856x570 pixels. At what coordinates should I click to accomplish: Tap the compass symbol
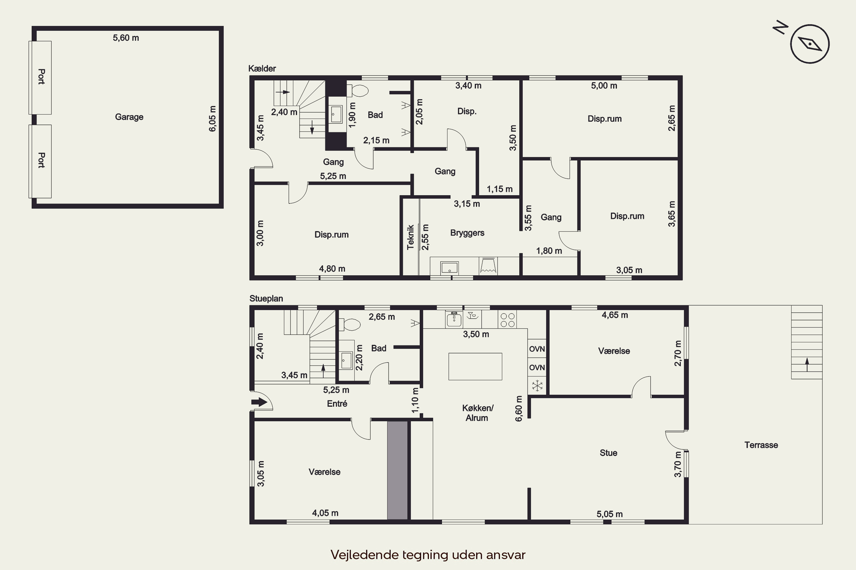[x=809, y=44]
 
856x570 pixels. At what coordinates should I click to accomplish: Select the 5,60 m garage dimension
[x=126, y=38]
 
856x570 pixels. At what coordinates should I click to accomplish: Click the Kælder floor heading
[x=262, y=68]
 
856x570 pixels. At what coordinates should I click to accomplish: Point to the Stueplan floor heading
[x=266, y=298]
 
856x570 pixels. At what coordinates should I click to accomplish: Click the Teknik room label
[x=411, y=237]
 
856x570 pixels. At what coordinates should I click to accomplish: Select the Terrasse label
[x=761, y=445]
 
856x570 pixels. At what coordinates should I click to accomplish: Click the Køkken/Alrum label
[x=477, y=413]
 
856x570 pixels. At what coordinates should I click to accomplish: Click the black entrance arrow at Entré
[x=259, y=402]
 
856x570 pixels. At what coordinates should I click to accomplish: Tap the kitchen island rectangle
[x=475, y=367]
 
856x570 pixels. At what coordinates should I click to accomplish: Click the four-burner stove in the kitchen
[x=507, y=320]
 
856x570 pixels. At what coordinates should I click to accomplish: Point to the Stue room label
[x=609, y=453]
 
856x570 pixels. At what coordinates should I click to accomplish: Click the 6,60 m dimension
[x=519, y=409]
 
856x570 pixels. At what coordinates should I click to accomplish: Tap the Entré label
[x=337, y=404]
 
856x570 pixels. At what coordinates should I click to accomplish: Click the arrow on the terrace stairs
[x=807, y=365]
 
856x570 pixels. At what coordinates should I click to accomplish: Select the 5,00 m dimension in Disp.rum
[x=604, y=86]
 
